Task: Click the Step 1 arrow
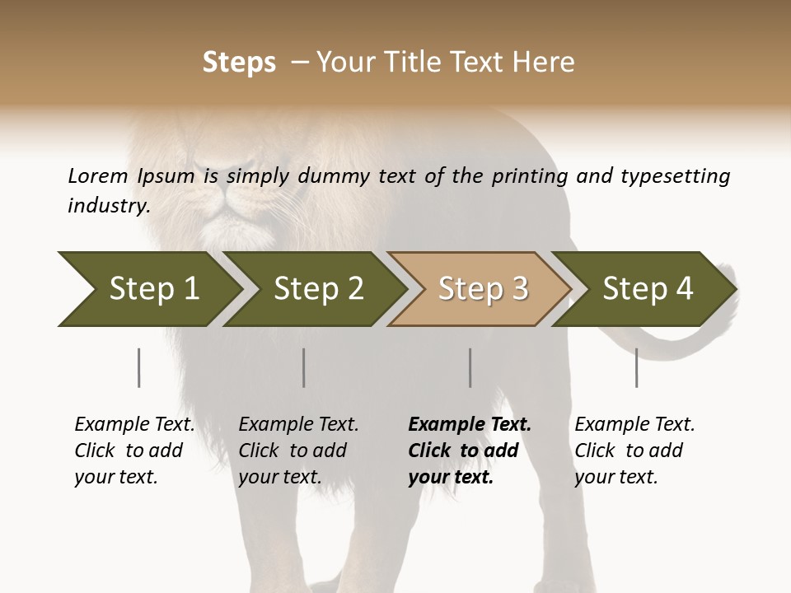148,289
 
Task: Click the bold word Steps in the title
239,63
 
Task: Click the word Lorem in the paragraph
98,175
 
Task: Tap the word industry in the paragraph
109,206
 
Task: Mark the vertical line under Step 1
138,367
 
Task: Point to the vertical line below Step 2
304,367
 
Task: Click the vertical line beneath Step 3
470,367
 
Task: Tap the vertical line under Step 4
636,367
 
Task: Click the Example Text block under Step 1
134,451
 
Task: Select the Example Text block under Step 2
298,451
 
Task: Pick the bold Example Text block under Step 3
470,451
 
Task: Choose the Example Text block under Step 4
634,451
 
